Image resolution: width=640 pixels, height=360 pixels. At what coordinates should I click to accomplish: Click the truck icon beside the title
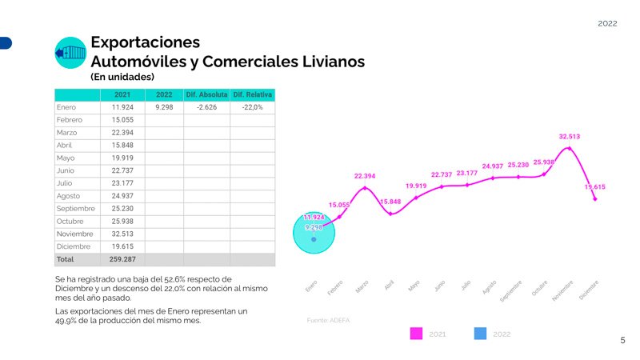click(x=70, y=53)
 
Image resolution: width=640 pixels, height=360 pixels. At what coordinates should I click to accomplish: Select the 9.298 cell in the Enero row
click(x=164, y=107)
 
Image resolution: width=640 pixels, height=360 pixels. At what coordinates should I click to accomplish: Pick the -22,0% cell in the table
click(x=252, y=107)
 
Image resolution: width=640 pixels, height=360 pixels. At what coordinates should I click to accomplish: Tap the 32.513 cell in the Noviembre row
click(x=122, y=234)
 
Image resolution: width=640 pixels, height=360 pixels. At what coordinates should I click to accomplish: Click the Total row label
click(x=66, y=259)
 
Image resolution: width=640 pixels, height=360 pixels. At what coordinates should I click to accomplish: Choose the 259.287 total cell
click(x=122, y=259)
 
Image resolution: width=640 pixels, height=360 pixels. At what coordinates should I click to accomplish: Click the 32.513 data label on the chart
click(x=569, y=137)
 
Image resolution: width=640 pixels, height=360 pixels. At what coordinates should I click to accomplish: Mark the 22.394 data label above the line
click(x=365, y=176)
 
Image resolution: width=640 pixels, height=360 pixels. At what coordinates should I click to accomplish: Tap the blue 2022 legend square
click(x=480, y=334)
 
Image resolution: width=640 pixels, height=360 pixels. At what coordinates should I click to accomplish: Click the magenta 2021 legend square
click(x=416, y=334)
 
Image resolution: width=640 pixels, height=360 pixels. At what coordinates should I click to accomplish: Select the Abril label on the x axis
click(x=389, y=284)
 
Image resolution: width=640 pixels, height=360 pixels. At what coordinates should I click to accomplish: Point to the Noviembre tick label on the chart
click(x=563, y=289)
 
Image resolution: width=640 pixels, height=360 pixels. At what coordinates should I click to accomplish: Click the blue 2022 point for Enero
click(x=314, y=239)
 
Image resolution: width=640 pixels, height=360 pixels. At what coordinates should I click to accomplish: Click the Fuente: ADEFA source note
click(x=329, y=320)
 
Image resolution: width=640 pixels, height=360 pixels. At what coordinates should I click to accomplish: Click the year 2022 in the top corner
click(x=607, y=24)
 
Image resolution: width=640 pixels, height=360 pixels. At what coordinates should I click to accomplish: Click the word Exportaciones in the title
click(x=145, y=42)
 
